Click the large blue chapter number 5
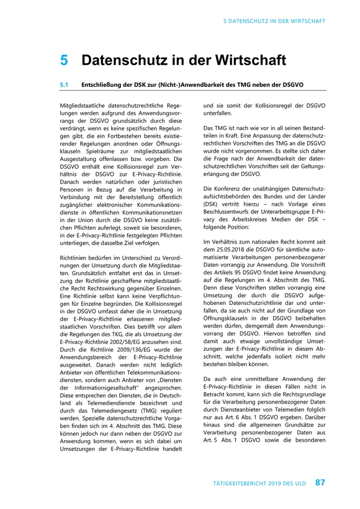click(x=64, y=60)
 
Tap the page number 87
click(x=320, y=483)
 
